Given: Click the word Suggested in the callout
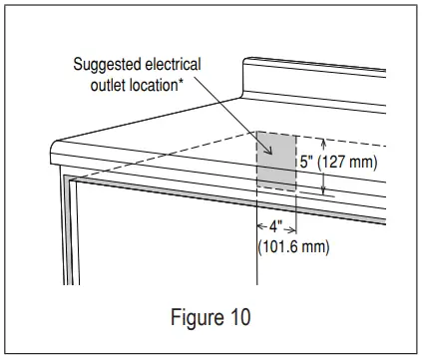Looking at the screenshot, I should pyautogui.click(x=106, y=65).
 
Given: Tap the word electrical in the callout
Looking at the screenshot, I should pyautogui.click(x=170, y=65).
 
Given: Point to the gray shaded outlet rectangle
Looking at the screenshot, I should pyautogui.click(x=276, y=161).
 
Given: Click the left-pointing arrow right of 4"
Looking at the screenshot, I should pyautogui.click(x=292, y=226).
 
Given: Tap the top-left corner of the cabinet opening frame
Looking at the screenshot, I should pyautogui.click(x=68, y=180).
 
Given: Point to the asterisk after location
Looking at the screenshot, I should pyautogui.click(x=183, y=80).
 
